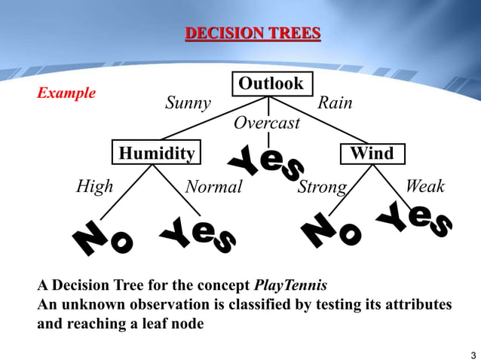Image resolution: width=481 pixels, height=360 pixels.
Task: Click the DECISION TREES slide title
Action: pyautogui.click(x=253, y=33)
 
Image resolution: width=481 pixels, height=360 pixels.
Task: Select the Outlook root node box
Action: pyautogui.click(x=271, y=84)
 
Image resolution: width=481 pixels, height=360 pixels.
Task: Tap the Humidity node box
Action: pyautogui.click(x=157, y=154)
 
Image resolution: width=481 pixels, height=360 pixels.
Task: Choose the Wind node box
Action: pyautogui.click(x=372, y=154)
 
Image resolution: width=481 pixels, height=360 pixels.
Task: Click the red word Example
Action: pyautogui.click(x=66, y=93)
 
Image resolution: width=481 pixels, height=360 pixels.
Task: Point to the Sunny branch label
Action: pyautogui.click(x=188, y=103)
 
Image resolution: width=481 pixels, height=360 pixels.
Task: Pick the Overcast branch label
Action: pyautogui.click(x=266, y=123)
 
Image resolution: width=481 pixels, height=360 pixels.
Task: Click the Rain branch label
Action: pyautogui.click(x=335, y=103)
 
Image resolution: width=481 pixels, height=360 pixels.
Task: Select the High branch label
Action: pyautogui.click(x=95, y=186)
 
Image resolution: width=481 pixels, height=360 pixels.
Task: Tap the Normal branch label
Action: pyautogui.click(x=213, y=187)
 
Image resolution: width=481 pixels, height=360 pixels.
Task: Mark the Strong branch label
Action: pyautogui.click(x=322, y=187)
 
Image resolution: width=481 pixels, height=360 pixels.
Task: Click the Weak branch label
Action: pyautogui.click(x=425, y=186)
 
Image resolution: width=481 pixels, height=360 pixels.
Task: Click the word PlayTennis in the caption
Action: pyautogui.click(x=290, y=286)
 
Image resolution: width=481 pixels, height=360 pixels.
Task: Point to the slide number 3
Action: pyautogui.click(x=473, y=355)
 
